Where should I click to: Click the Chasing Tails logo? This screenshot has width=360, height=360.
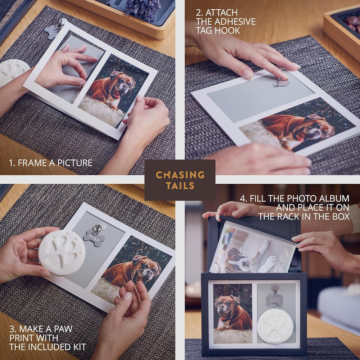pos(180,180)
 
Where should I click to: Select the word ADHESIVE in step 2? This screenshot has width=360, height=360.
pos(238,22)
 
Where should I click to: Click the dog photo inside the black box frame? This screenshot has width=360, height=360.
pos(233,314)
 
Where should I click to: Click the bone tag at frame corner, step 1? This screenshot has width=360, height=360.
pos(51,31)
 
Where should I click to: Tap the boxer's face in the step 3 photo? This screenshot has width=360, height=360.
pos(147,267)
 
